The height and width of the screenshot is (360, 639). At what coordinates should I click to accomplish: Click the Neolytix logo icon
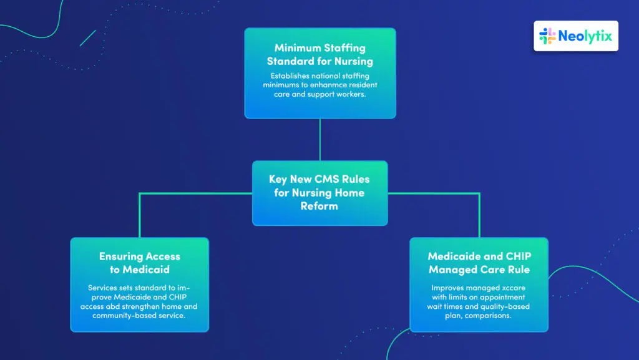pos(547,36)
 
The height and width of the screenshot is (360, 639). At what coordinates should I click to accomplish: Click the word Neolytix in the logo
pos(584,36)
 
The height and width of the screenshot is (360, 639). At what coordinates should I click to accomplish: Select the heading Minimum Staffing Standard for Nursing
pos(319,54)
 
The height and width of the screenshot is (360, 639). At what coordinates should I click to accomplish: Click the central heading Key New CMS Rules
pos(319,179)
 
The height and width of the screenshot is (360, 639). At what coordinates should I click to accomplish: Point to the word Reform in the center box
pos(319,206)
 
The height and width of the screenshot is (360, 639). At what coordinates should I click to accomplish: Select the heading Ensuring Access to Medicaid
pos(139,263)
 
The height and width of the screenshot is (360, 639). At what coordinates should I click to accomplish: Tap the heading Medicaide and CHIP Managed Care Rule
pos(479,263)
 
